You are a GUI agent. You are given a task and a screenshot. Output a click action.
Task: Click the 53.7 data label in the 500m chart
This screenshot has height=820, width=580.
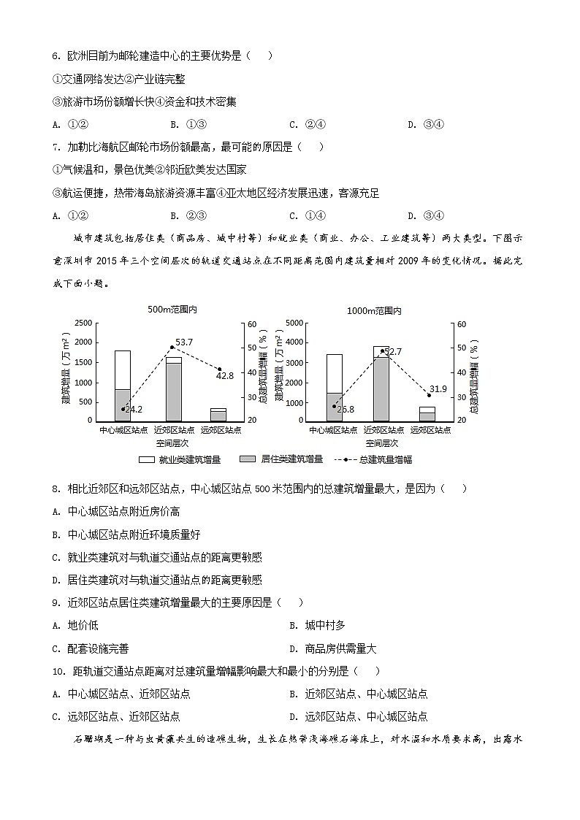coord(184,342)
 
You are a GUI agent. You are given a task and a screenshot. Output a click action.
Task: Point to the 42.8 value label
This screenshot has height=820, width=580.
coord(225,375)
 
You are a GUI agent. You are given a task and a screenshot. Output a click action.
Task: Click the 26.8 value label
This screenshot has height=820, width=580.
coord(345,410)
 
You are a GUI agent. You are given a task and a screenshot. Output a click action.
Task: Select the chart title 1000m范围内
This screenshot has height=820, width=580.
coord(374,310)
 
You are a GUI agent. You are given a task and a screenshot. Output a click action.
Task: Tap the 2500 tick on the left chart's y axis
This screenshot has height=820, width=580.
coord(83,323)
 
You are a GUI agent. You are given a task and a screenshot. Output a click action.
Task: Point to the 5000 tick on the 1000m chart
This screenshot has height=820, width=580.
coord(294,323)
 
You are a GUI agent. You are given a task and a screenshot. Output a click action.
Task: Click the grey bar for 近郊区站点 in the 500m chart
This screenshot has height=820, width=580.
coord(173,391)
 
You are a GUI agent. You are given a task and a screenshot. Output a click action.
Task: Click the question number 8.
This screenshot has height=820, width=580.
coord(56,488)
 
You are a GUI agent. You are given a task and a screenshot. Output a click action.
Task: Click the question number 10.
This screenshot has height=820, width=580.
coord(59,671)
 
